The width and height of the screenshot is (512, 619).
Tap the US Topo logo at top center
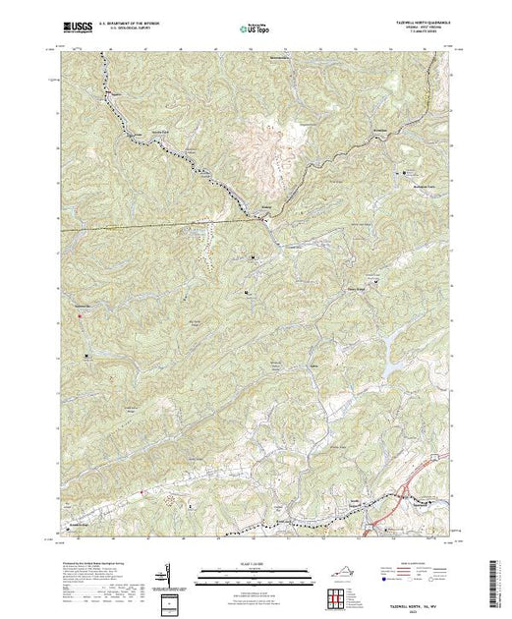click(253, 28)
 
